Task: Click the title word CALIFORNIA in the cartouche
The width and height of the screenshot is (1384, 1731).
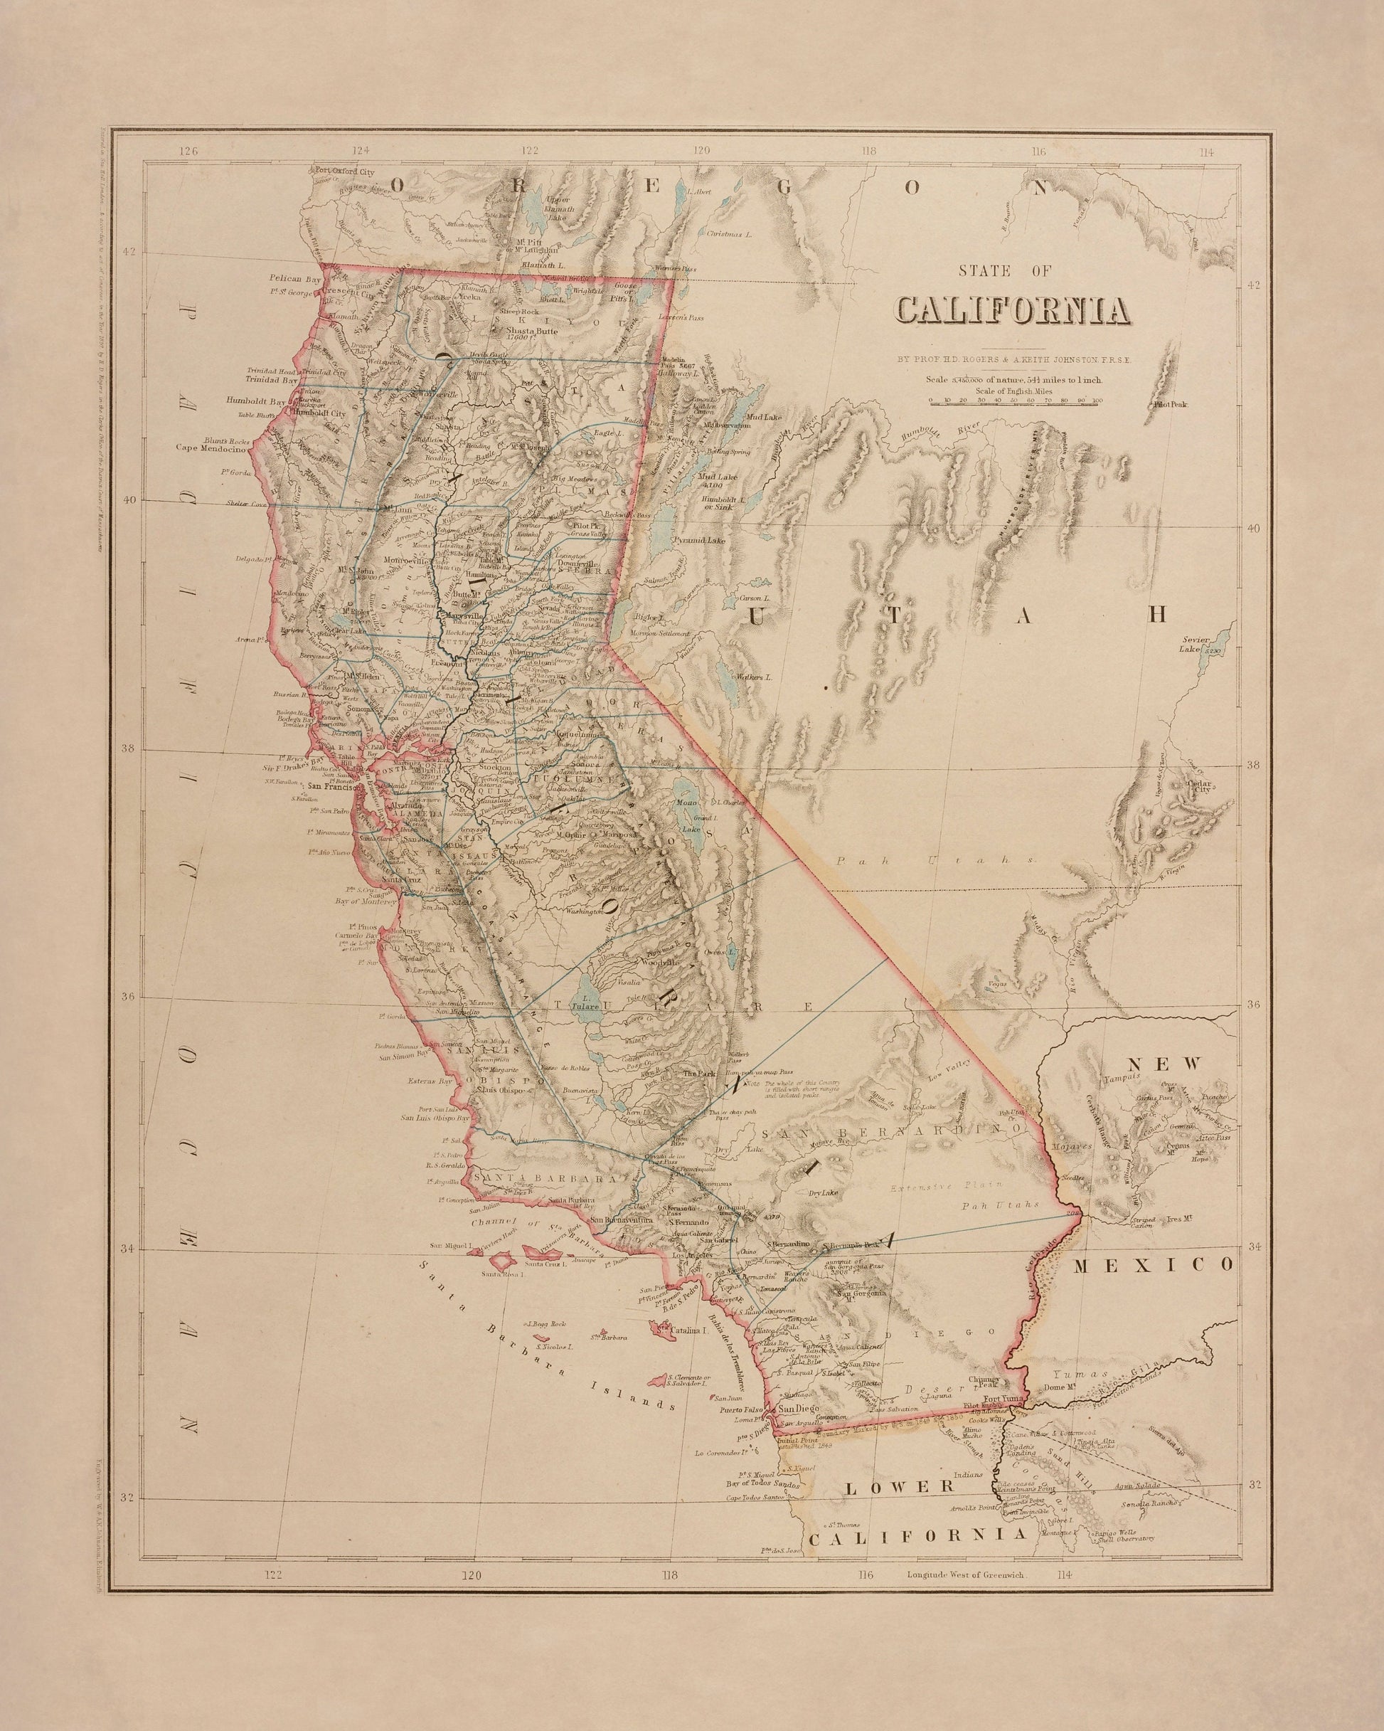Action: [1010, 311]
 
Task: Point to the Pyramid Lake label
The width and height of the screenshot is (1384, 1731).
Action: [699, 541]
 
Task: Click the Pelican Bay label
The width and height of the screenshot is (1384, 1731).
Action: [294, 276]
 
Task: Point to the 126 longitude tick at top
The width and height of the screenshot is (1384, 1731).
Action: [188, 150]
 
